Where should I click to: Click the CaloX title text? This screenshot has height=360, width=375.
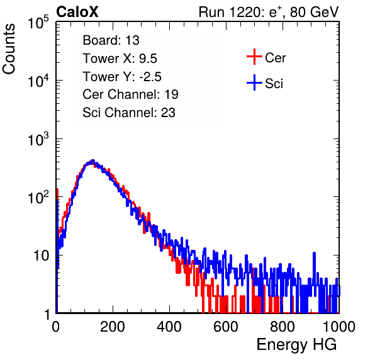77,12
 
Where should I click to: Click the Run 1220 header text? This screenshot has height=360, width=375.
269,12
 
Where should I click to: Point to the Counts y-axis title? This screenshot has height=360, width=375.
9,49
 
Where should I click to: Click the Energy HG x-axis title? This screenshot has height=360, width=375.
296,345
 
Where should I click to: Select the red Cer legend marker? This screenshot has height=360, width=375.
254,57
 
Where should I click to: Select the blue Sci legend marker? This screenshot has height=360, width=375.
254,82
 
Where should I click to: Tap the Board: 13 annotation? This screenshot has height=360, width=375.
111,40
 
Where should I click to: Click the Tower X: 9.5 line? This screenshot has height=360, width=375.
120,59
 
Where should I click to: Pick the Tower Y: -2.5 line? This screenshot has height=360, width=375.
122,77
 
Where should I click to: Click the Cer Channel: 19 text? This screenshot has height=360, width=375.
130,94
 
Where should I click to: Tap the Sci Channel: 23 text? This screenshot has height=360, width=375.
129,113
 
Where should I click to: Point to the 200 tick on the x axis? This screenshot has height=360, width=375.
113,327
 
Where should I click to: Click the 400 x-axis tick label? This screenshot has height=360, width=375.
169,327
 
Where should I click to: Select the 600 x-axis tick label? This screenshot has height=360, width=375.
226,327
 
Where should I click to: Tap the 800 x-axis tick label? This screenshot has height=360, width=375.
283,327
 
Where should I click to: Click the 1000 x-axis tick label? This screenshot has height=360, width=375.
339,327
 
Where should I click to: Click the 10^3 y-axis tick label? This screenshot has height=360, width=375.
38,139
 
